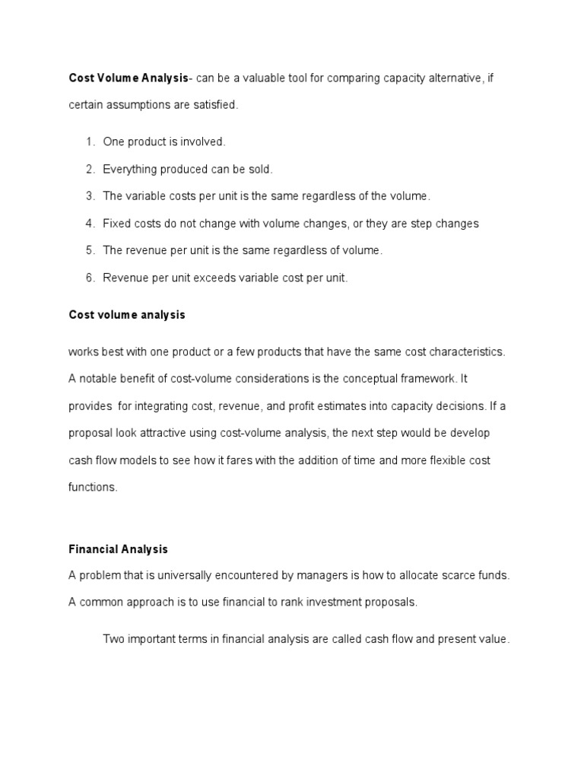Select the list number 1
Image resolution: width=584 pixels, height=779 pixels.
tap(90, 142)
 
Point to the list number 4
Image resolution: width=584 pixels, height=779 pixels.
tap(90, 224)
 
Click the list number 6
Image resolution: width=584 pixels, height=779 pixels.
tap(90, 278)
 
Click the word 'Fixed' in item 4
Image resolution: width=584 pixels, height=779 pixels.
tap(116, 224)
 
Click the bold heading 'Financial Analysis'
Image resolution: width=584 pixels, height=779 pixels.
tap(118, 548)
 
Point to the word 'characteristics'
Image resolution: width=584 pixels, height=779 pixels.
tap(468, 351)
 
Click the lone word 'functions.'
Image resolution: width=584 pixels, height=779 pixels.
tap(93, 488)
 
